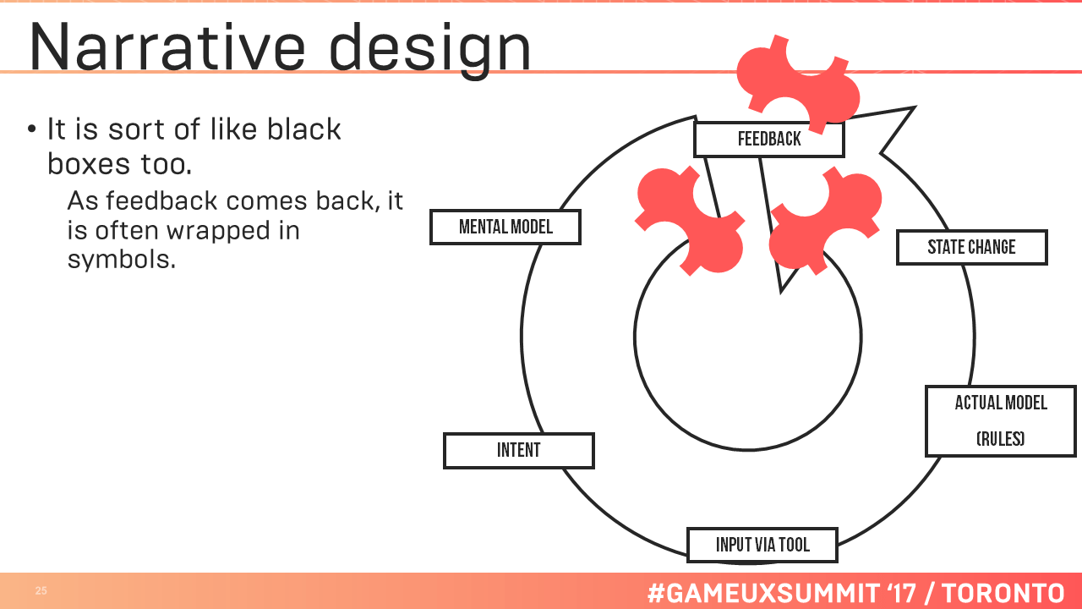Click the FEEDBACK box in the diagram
click(769, 140)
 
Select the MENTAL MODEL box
click(505, 227)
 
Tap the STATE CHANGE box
click(972, 247)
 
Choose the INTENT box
click(519, 451)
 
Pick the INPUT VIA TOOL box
click(762, 545)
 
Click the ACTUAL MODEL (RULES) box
click(1001, 421)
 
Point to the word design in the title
click(430, 51)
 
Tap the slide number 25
click(41, 590)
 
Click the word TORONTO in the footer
click(1003, 593)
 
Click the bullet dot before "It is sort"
click(32, 129)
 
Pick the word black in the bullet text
click(303, 129)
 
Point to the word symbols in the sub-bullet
click(121, 260)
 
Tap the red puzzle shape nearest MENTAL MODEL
click(690, 221)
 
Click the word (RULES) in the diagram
click(1000, 439)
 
